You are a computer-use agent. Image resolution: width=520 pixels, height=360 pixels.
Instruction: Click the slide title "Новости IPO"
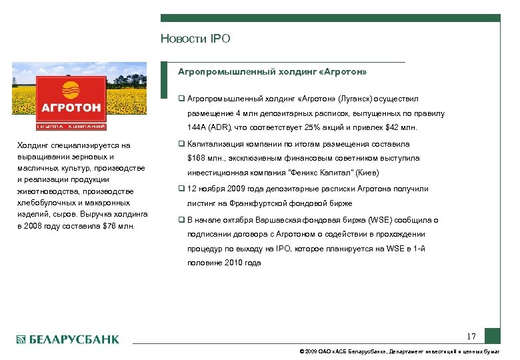point(195,39)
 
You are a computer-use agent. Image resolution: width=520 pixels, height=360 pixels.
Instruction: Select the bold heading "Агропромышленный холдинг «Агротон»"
point(272,71)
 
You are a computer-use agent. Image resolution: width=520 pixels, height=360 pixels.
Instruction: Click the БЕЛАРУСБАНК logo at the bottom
point(67,339)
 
